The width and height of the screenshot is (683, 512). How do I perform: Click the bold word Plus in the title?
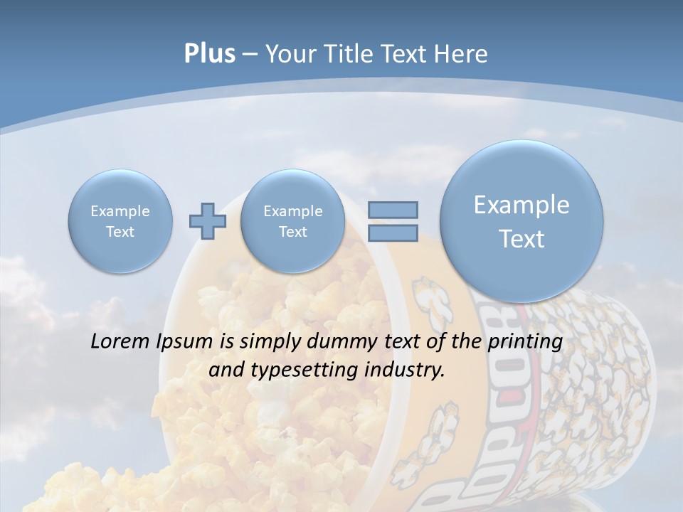pos(209,54)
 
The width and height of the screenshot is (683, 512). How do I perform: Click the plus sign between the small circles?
pos(208,221)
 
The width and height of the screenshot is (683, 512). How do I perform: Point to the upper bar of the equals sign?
pos(393,210)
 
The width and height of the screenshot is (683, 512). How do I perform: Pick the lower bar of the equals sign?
pos(393,233)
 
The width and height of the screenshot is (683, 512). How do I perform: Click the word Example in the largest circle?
pos(521,205)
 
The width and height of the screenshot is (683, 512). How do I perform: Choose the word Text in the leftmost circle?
pos(120,232)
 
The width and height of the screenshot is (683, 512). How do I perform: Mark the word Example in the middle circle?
pos(292,211)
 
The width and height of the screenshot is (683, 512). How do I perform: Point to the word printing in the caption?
pos(526,342)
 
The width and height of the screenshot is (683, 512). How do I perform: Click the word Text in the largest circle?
pos(521,239)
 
